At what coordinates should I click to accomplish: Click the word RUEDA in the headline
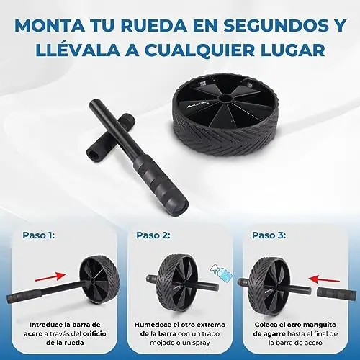pyautogui.click(x=153, y=25)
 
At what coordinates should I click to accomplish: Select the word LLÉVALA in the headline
pyautogui.click(x=78, y=49)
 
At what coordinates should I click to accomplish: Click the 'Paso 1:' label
pyautogui.click(x=39, y=235)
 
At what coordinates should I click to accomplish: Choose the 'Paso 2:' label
pyautogui.click(x=153, y=235)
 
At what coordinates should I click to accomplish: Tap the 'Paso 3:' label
pyautogui.click(x=269, y=235)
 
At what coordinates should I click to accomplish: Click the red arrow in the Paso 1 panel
pyautogui.click(x=50, y=276)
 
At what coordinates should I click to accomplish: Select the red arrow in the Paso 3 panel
pyautogui.click(x=324, y=279)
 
